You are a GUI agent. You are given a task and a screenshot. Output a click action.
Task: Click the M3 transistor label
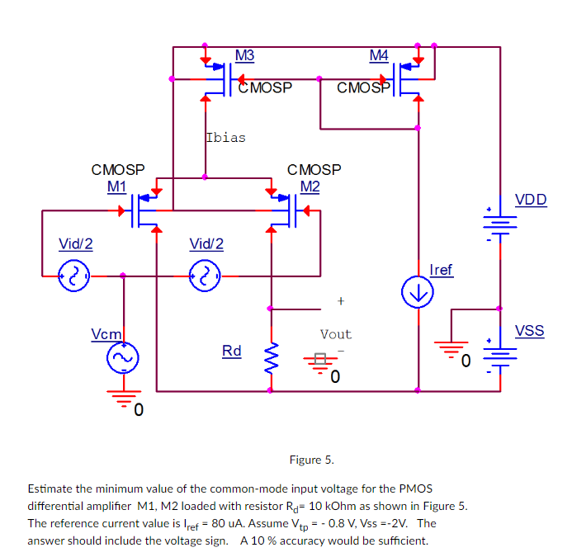tap(244, 55)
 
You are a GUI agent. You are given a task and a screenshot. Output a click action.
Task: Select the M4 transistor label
tap(379, 55)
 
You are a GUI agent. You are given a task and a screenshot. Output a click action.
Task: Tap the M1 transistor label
tap(116, 186)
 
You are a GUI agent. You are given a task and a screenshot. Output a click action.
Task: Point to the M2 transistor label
tap(310, 186)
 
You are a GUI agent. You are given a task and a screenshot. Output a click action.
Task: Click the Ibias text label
tap(225, 137)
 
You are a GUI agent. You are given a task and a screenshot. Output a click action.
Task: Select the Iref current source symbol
tap(418, 290)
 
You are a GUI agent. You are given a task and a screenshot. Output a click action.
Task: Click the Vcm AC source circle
tap(124, 357)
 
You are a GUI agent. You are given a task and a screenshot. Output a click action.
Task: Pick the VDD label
tap(530, 200)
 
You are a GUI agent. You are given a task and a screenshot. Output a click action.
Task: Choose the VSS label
tap(529, 331)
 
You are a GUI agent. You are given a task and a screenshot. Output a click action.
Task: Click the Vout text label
tap(336, 334)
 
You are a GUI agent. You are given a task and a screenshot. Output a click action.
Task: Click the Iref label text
tap(442, 270)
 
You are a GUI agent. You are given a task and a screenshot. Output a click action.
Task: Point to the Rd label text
tap(232, 351)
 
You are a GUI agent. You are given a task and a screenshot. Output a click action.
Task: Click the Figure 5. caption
tap(311, 459)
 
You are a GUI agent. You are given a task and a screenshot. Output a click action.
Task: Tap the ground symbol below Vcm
tap(124, 399)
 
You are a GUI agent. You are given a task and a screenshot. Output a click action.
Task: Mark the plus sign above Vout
tap(340, 300)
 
